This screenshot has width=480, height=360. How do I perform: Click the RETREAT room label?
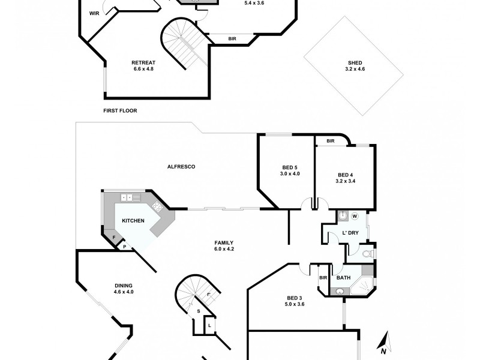coord(144,62)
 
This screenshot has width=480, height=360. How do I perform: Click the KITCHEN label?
coord(133,221)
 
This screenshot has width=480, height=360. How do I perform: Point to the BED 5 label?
coord(290,167)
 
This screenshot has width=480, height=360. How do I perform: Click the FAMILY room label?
coord(224,242)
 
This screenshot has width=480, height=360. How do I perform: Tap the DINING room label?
coord(124,286)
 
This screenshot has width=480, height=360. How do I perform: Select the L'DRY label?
coord(350,232)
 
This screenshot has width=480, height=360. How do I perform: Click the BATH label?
coord(343,277)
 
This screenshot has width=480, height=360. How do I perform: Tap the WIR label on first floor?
coord(94,13)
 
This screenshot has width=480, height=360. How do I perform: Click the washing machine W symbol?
coord(354,216)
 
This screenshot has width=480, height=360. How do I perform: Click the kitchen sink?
coord(126,197)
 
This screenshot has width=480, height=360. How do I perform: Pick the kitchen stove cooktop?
coord(158,208)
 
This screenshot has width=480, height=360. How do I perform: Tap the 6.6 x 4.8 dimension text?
coord(144,69)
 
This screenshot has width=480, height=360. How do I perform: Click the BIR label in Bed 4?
coord(331,141)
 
